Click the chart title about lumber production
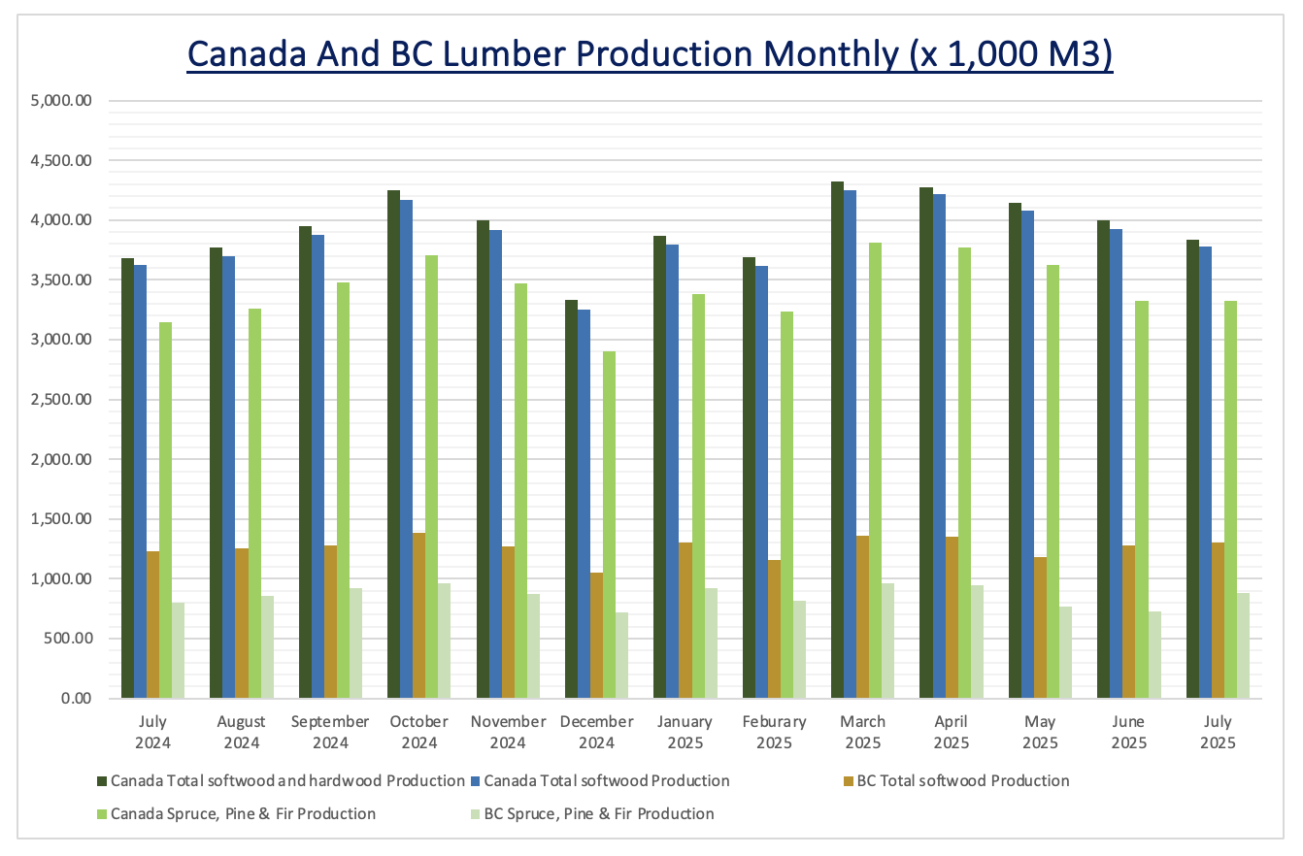pyautogui.click(x=650, y=53)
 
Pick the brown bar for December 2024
pyautogui.click(x=596, y=636)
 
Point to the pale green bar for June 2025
pyautogui.click(x=1154, y=654)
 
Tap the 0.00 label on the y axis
pyautogui.click(x=76, y=698)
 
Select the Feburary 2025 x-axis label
pyautogui.click(x=774, y=732)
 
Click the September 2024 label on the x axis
pyautogui.click(x=330, y=732)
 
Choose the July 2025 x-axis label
pyautogui.click(x=1218, y=732)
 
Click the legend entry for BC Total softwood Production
pyautogui.click(x=962, y=780)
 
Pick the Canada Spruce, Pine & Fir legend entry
pyautogui.click(x=243, y=813)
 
